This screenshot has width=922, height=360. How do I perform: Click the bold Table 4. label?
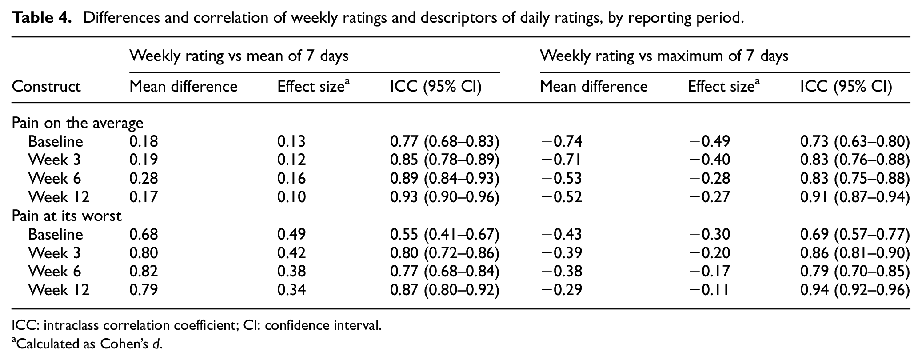point(42,18)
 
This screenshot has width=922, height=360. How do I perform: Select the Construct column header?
point(46,86)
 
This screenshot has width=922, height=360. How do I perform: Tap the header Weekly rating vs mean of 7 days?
point(239,56)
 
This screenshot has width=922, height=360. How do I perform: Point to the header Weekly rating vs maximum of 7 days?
point(664,56)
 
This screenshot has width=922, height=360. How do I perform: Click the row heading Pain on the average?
point(78,123)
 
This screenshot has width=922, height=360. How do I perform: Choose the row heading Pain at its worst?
point(67,216)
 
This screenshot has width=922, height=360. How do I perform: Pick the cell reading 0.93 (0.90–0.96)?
point(445,197)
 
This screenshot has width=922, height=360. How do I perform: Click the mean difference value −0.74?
point(561,141)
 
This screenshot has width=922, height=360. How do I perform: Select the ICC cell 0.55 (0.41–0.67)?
point(445,234)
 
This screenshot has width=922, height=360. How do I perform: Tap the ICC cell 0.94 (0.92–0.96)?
point(855,290)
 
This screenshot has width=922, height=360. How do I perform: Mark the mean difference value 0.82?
point(144,271)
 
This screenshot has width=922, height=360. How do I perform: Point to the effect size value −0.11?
point(709,290)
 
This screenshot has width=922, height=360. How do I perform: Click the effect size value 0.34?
point(291,290)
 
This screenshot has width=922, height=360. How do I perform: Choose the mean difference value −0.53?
point(561,179)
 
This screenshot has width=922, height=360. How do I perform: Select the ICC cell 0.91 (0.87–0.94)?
point(855,197)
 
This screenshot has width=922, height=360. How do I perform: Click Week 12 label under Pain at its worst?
point(59,290)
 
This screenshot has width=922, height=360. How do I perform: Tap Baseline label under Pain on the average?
point(56,141)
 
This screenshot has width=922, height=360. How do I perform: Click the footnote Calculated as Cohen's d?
point(87,344)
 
